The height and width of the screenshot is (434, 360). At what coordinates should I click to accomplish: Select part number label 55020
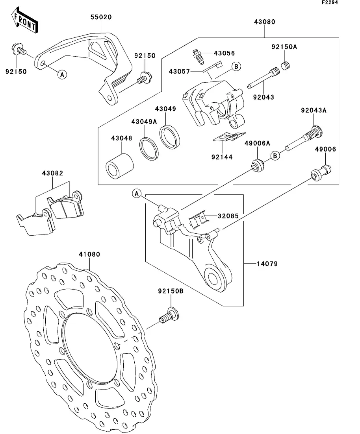point(101,17)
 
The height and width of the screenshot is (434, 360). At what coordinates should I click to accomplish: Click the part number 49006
point(325,150)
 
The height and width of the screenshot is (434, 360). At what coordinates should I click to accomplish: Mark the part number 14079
point(267,264)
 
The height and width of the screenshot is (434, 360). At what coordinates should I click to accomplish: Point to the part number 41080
point(89,255)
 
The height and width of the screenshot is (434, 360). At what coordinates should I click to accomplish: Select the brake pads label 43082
point(53,173)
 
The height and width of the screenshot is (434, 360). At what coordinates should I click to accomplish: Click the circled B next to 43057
point(236,66)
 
